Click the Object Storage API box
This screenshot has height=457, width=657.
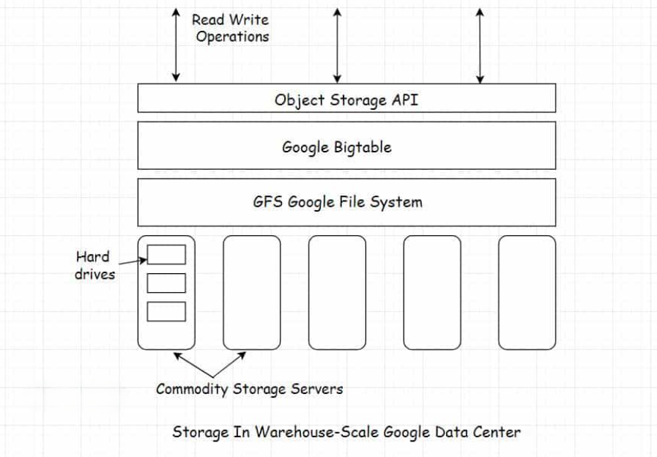tap(346, 98)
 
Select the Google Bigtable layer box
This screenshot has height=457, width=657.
tap(346, 146)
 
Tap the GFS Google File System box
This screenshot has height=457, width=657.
tap(346, 201)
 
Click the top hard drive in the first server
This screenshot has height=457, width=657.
tap(166, 254)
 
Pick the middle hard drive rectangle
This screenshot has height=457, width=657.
tap(166, 283)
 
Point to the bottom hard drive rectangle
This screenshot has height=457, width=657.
tap(166, 311)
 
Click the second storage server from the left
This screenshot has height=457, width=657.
tap(251, 292)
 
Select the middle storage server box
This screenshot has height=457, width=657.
tap(337, 292)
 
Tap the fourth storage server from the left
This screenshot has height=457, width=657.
tap(432, 292)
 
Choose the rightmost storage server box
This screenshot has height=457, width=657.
tap(527, 292)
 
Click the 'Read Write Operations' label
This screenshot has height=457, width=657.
tap(231, 28)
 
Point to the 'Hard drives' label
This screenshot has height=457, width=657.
tap(94, 265)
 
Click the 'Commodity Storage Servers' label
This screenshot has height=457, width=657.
tap(249, 388)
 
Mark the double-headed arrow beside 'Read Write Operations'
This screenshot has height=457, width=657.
tap(176, 44)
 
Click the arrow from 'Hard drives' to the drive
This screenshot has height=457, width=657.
tap(132, 259)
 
